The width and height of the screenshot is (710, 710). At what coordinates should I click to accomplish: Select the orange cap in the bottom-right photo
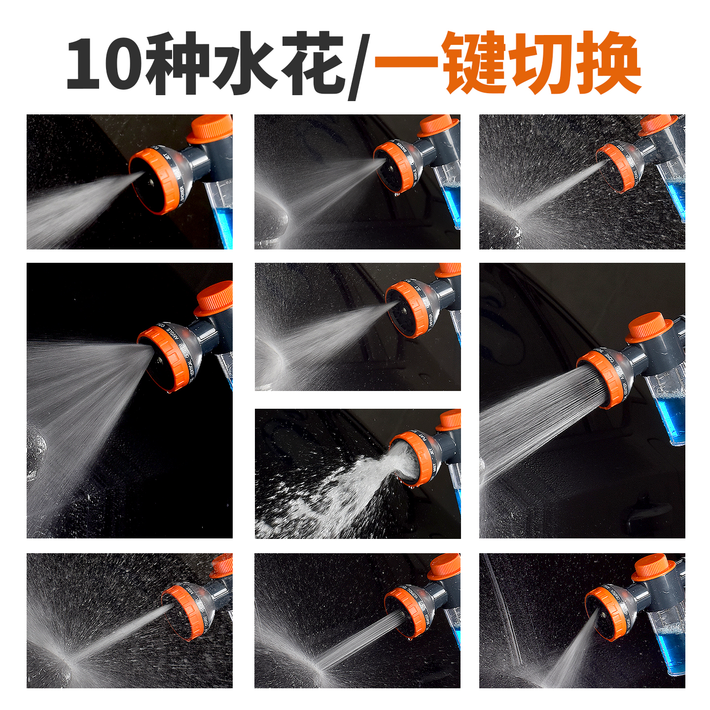point(653,567)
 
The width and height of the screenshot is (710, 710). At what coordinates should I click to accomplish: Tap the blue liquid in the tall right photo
point(671,419)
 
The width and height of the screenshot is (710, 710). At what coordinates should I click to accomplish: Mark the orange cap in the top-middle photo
point(437,126)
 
